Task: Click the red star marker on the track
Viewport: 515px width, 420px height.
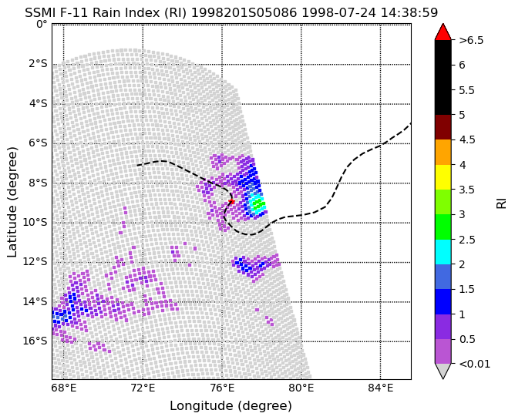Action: (x=231, y=201)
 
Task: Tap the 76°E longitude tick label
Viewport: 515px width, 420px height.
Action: (x=222, y=388)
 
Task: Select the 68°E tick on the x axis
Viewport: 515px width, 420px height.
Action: (x=64, y=388)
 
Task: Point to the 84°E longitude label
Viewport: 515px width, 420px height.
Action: (x=381, y=388)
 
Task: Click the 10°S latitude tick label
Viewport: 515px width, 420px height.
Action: (x=35, y=223)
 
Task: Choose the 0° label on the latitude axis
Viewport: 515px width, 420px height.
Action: (x=42, y=25)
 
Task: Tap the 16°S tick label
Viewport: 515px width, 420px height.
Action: (x=35, y=341)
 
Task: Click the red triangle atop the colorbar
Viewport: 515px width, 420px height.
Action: (x=443, y=32)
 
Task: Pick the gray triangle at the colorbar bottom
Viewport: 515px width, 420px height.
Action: (x=443, y=371)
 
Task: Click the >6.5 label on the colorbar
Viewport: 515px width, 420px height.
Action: (x=471, y=40)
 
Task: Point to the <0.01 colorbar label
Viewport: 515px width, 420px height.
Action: (x=475, y=364)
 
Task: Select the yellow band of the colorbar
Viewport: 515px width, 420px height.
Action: (x=443, y=177)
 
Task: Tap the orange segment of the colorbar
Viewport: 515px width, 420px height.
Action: (x=443, y=152)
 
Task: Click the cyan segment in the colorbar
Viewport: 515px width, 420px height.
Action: (x=443, y=252)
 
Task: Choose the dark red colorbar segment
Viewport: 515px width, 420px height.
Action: (x=443, y=127)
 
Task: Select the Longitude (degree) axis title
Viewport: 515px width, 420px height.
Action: (x=231, y=406)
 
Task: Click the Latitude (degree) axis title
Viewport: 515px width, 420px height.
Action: (x=12, y=202)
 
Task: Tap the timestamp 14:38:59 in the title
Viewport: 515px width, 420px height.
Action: (x=409, y=13)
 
